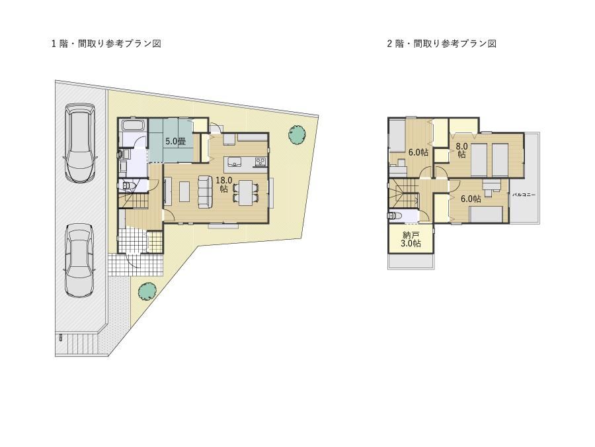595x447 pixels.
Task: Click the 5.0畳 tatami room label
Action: (x=175, y=142)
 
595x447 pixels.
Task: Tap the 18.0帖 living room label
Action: (x=224, y=184)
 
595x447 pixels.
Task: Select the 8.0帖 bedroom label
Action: (x=461, y=150)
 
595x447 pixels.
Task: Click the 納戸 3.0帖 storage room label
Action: (x=411, y=239)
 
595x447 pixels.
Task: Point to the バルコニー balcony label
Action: (x=524, y=195)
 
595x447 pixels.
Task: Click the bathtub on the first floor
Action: (x=132, y=125)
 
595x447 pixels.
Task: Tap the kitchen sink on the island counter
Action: (x=235, y=163)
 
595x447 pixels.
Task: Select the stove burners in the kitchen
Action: (x=260, y=162)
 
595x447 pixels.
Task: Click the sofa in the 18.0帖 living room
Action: (x=206, y=192)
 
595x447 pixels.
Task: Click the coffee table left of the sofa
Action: (x=184, y=192)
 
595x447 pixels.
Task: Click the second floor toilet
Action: (x=393, y=216)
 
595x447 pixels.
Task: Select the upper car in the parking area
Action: (x=81, y=143)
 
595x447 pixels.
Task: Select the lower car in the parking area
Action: (x=79, y=260)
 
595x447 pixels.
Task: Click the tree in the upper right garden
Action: (x=297, y=134)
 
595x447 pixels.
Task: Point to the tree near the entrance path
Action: (x=147, y=291)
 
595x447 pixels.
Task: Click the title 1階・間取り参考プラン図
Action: (x=106, y=44)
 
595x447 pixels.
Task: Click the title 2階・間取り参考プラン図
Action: (x=442, y=44)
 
